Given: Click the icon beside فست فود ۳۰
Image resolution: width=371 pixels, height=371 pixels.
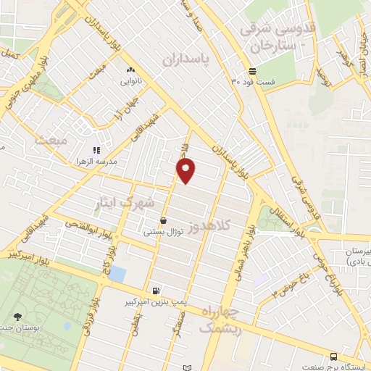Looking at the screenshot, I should pos(251,71).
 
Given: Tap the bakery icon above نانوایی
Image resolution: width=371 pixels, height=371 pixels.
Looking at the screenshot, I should pos(130,70).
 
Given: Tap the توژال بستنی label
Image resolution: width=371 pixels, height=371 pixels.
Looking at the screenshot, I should pos(162,232).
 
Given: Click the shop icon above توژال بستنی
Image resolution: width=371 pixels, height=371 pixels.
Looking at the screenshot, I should pos(163,220).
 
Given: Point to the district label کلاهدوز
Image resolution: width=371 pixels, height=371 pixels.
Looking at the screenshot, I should pos(209,227).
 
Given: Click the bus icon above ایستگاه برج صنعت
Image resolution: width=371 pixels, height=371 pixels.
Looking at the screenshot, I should pos(333,357).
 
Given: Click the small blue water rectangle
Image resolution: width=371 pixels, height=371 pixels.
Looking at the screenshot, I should pos(118,275).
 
